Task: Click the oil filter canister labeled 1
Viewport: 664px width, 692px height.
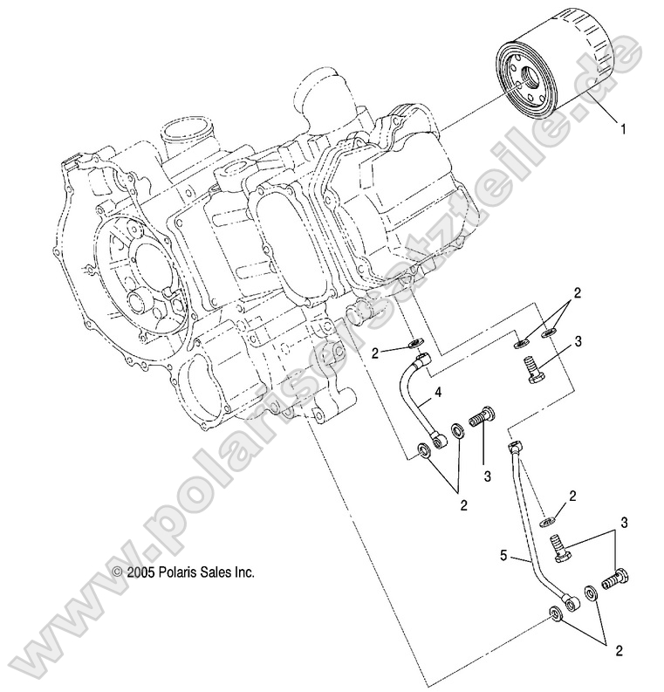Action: [x=558, y=70]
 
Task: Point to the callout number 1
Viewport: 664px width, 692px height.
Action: [x=623, y=128]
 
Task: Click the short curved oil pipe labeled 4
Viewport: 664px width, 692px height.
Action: [x=416, y=403]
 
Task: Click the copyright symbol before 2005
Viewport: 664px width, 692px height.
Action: [x=119, y=572]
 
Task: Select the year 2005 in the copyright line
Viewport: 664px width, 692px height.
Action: [x=141, y=572]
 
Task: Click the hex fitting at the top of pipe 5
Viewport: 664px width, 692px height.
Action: [x=513, y=448]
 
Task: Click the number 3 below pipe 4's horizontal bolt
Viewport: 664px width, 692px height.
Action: [x=487, y=477]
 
